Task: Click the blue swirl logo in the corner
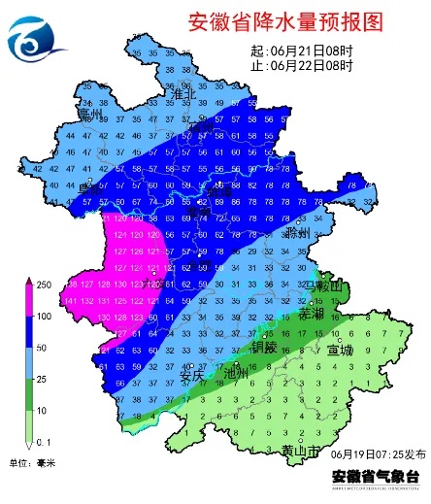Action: pyautogui.click(x=33, y=39)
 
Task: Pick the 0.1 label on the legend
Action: pyautogui.click(x=44, y=442)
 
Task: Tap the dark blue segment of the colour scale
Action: pyautogui.click(x=28, y=332)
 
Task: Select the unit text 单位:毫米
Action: pyautogui.click(x=33, y=463)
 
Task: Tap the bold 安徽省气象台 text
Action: pyautogui.click(x=376, y=477)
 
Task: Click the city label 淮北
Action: pyautogui.click(x=183, y=94)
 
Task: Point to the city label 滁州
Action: pyautogui.click(x=297, y=234)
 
